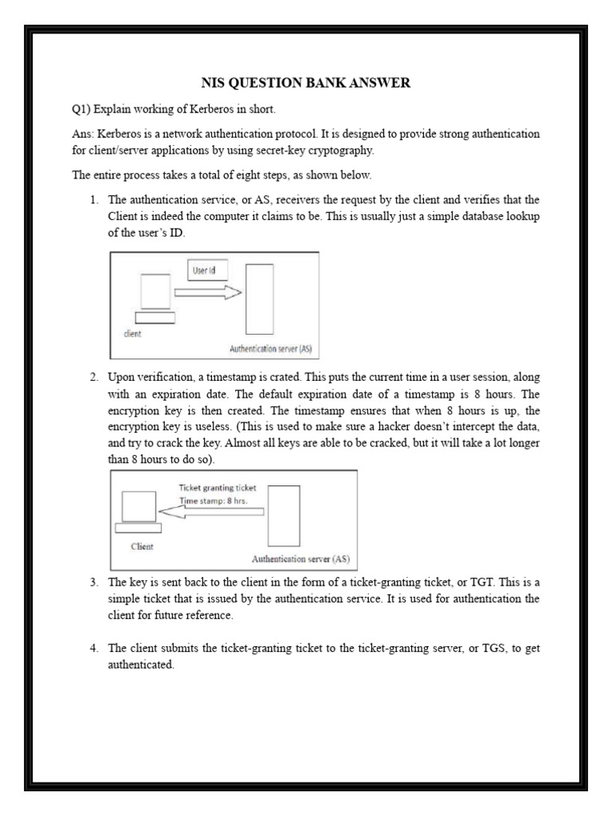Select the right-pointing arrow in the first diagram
(x=206, y=293)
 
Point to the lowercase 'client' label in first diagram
(x=131, y=335)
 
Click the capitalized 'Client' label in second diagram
(x=142, y=547)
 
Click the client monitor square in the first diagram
(x=155, y=291)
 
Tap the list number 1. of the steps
(x=94, y=199)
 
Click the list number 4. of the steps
(x=94, y=648)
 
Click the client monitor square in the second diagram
(x=137, y=506)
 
